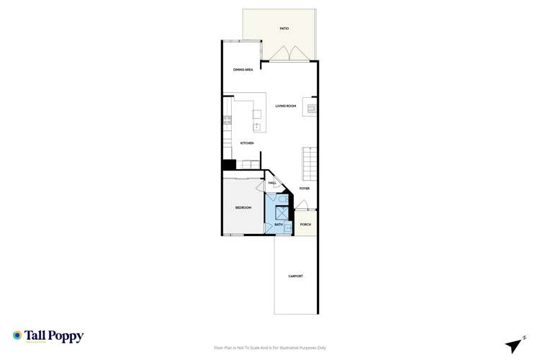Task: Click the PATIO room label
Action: pos(284,28)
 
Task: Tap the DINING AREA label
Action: pos(243,70)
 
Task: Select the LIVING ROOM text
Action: pos(286,106)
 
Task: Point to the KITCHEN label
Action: pos(247,143)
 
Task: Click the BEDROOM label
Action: pos(243,207)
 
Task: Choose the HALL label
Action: pos(273,183)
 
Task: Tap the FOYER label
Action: pos(305,189)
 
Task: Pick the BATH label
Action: pos(279,225)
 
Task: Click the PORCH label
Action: pos(305,225)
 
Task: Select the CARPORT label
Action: pos(295,276)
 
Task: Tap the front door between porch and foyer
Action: pos(302,205)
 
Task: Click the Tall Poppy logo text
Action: pos(54,336)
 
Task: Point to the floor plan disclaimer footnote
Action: pos(269,347)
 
